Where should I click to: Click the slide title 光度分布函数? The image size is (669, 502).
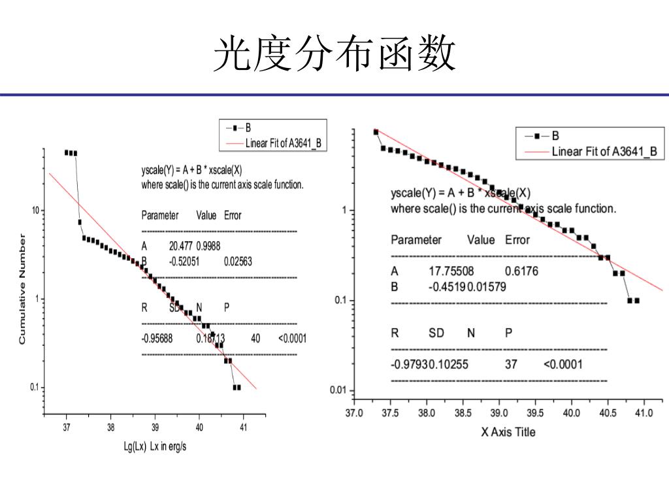[x=334, y=54]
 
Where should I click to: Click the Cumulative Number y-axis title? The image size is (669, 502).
[x=22, y=290]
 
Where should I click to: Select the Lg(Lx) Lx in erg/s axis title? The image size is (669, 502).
[x=155, y=446]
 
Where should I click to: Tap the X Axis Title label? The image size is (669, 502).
[x=508, y=432]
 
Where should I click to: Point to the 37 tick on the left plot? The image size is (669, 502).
[x=66, y=427]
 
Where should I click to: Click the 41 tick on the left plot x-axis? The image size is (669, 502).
[x=243, y=427]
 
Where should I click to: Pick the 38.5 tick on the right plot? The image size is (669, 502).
[x=463, y=413]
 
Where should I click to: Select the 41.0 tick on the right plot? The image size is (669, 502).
[x=644, y=413]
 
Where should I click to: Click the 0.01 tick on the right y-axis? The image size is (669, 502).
[x=338, y=391]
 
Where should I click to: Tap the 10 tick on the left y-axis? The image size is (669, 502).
[x=36, y=210]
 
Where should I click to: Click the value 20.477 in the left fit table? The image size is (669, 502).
[x=181, y=246]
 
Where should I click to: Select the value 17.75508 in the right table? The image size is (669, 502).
[x=451, y=271]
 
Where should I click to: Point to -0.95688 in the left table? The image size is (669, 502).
[x=157, y=339]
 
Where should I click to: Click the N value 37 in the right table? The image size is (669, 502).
[x=511, y=364]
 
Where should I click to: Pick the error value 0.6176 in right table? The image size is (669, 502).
[x=521, y=271]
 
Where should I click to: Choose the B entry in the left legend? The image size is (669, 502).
[x=248, y=127]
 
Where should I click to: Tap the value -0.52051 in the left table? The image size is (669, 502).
[x=184, y=261]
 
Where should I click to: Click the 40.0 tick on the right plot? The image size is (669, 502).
[x=572, y=413]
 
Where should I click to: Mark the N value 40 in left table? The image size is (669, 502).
[x=255, y=339]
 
